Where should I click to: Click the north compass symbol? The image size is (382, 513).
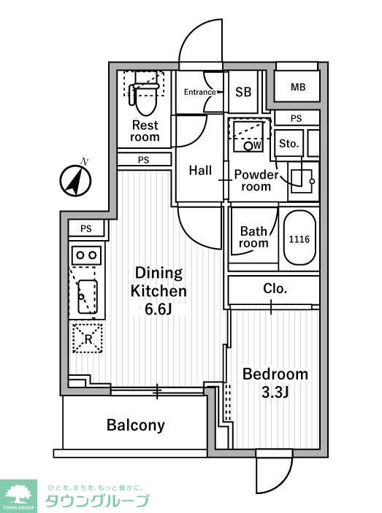click(x=75, y=180)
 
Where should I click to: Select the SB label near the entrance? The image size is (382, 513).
click(x=243, y=92)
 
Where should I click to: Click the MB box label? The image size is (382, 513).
click(x=298, y=87)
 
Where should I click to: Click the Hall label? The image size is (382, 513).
click(x=200, y=170)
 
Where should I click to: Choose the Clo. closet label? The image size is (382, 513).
click(x=275, y=288)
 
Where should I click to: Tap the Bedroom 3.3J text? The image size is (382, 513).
click(x=275, y=383)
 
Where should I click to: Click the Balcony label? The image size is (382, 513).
click(x=136, y=425)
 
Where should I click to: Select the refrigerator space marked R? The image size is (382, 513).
click(x=88, y=339)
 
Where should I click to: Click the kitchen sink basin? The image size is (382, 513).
click(x=88, y=296)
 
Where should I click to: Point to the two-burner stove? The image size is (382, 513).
click(x=86, y=255)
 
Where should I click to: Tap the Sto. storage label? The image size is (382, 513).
click(x=289, y=144)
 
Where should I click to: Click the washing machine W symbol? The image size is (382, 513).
click(x=253, y=145)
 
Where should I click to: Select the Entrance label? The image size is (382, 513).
click(x=199, y=92)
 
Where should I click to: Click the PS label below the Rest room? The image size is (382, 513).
click(x=143, y=160)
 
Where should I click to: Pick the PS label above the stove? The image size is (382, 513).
click(x=86, y=228)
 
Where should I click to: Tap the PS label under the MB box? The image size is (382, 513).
click(x=297, y=118)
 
